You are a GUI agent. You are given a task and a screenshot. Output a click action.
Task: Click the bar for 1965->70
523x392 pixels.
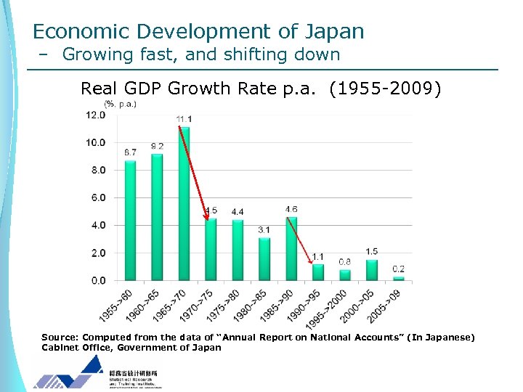tap(184, 204)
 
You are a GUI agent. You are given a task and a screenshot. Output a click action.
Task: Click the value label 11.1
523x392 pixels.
tap(184, 119)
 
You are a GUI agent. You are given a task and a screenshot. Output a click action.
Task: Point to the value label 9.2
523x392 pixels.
tap(157, 146)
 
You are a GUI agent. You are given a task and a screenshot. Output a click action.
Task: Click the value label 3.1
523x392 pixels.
tap(264, 230)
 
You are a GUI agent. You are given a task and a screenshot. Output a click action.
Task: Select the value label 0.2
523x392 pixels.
tap(399, 269)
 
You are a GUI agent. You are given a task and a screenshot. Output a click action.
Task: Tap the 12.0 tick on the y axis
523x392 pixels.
tap(95, 115)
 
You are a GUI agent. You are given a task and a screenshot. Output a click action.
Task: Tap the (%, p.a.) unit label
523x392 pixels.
tap(120, 104)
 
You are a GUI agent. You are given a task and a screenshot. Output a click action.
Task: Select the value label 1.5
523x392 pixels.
tap(372, 252)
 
